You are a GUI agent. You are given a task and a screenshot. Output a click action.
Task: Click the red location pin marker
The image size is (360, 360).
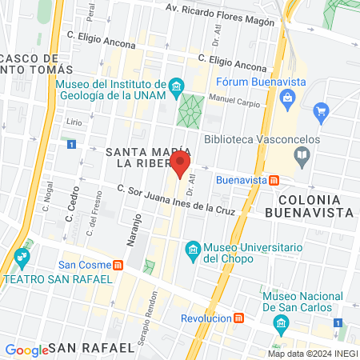pyautogui.click(x=180, y=166)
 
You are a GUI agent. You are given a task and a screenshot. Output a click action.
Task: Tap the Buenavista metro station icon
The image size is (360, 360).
pyautogui.click(x=274, y=181)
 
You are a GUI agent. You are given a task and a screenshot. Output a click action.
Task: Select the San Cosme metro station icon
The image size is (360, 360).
pyautogui.click(x=118, y=265)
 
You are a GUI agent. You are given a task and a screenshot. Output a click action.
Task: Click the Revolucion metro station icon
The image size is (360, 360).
pyautogui.click(x=238, y=318)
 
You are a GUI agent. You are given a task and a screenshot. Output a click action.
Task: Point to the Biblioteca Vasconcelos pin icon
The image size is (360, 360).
pyautogui.click(x=302, y=157)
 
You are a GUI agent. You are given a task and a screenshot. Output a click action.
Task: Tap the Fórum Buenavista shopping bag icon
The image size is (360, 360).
pyautogui.click(x=321, y=110)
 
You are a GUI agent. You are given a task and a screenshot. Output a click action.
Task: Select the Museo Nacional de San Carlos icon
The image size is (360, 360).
pyautogui.click(x=281, y=323)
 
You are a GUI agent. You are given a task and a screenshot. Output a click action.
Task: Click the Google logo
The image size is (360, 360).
pyautogui.click(x=26, y=350)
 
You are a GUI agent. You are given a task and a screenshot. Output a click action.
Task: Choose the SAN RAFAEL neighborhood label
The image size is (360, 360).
pyautogui.click(x=90, y=348)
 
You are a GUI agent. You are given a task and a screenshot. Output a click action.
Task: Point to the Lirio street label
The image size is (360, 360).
pyautogui.click(x=74, y=122)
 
